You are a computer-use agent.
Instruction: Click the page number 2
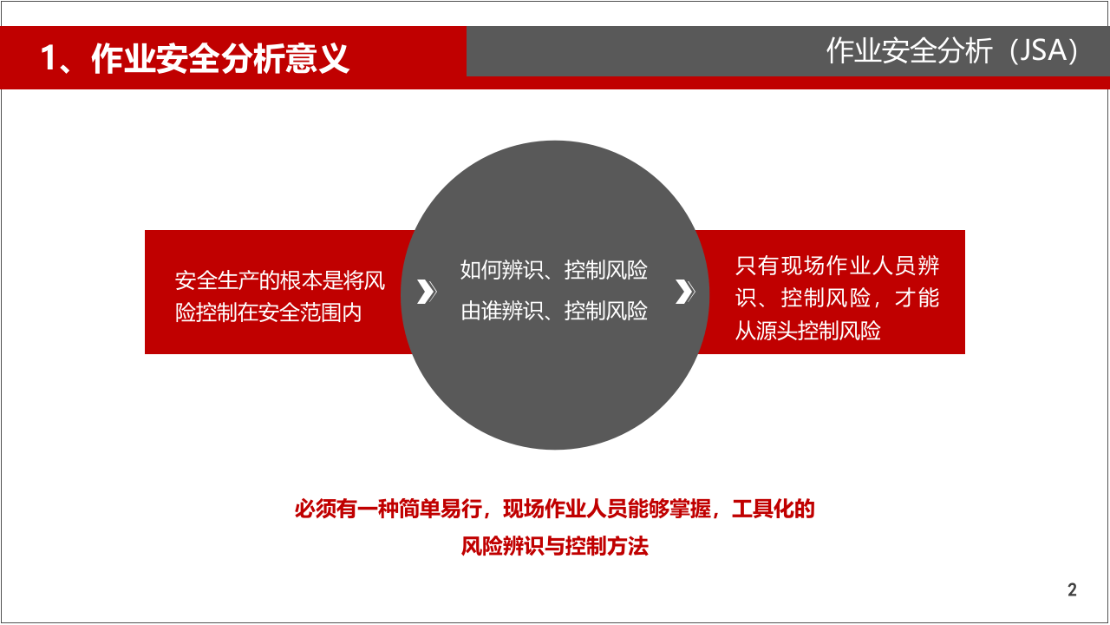coord(1072,590)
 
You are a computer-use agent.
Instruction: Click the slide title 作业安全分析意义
coord(220,59)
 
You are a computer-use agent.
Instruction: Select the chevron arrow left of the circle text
coord(425,293)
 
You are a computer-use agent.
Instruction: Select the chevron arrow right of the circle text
coord(684,293)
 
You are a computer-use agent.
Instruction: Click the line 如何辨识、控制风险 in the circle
coord(554,271)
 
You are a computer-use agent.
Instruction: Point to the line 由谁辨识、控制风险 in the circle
coord(554,311)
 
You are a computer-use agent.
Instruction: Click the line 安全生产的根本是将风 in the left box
coord(280,281)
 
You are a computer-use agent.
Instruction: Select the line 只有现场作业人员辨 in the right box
coord(838,266)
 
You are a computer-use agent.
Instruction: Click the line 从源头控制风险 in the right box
coord(808,331)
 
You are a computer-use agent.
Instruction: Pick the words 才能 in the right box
coord(917,299)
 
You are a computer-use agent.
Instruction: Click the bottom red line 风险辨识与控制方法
coord(555,547)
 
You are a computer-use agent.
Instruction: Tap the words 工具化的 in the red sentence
coord(774,510)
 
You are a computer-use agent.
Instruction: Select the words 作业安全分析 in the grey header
coord(909,51)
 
